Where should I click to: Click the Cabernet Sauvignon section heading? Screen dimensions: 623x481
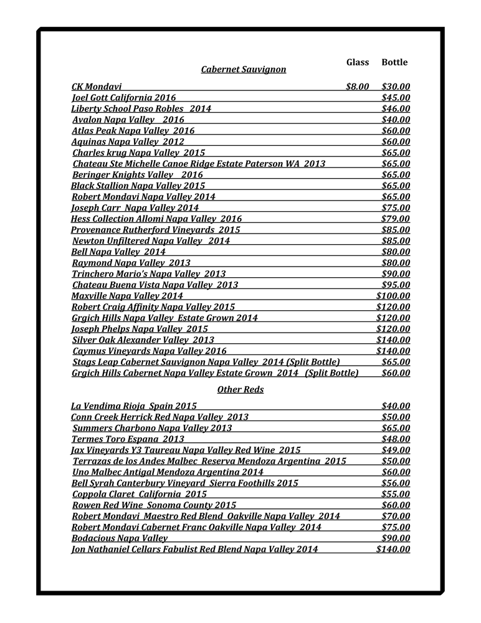coord(243,69)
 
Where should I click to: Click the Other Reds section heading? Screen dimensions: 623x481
coord(240,389)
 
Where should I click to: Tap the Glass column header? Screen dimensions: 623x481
coord(358,62)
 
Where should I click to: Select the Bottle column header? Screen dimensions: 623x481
coord(394,62)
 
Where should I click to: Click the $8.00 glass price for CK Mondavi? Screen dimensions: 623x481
coord(357,87)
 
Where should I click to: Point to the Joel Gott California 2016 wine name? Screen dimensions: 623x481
coord(124,97)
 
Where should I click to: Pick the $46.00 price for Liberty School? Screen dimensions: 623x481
coord(396,108)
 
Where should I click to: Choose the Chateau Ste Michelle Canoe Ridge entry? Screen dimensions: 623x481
coord(199,164)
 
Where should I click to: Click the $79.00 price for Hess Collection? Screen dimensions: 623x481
coord(396,219)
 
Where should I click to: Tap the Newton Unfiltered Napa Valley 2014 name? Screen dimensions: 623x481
coord(151,240)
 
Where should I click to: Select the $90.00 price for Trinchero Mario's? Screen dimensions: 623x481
coord(396,273)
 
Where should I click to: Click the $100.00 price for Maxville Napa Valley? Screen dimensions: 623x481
coord(393,295)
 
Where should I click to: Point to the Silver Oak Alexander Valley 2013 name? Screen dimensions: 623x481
coord(143,340)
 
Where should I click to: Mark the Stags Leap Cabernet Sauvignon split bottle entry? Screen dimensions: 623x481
coord(206,362)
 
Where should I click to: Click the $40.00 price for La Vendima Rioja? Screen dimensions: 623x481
coord(396,406)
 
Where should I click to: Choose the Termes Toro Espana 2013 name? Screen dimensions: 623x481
coord(119,439)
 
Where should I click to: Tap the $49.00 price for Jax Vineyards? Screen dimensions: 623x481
coord(396,450)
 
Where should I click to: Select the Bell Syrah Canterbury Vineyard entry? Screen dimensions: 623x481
coord(185,483)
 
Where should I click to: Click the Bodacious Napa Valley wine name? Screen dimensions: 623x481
coord(120,538)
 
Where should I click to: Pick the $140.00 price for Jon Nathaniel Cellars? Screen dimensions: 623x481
coord(393,549)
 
